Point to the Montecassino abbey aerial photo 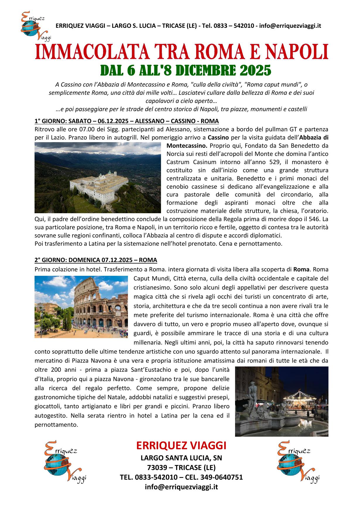click(x=98, y=178)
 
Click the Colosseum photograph click(x=81, y=307)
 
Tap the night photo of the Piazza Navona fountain click(x=281, y=401)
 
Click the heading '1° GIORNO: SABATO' click(x=70, y=121)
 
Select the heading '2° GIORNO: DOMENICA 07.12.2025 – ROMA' click(x=96, y=260)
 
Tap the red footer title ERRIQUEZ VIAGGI click(x=181, y=445)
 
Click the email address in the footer click(x=181, y=487)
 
